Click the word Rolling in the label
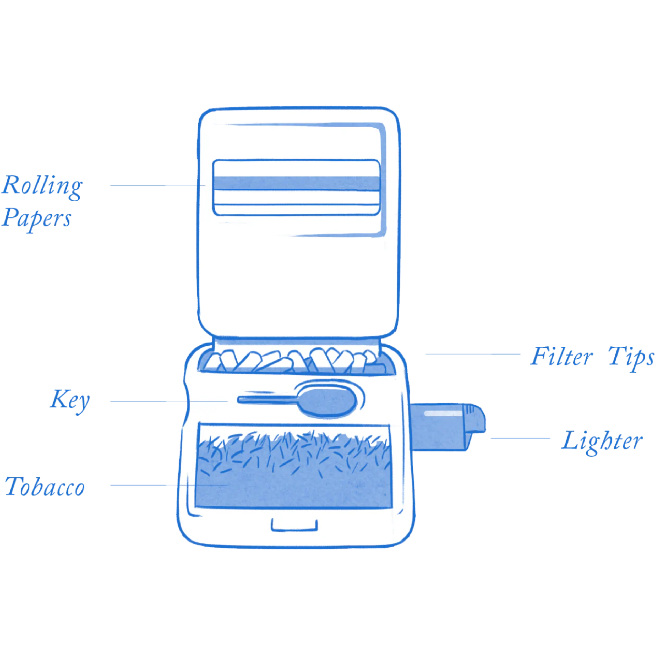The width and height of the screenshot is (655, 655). point(42,186)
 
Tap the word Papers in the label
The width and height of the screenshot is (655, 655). point(37,218)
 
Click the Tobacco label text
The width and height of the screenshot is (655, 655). point(45,487)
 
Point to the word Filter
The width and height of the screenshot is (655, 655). point(561,357)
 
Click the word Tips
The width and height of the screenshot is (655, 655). point(630,357)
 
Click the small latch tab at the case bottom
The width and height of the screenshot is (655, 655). point(294,525)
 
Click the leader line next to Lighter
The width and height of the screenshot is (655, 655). point(520,438)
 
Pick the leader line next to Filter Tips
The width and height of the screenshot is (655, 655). point(473,354)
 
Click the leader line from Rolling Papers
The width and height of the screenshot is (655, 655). point(158,186)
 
